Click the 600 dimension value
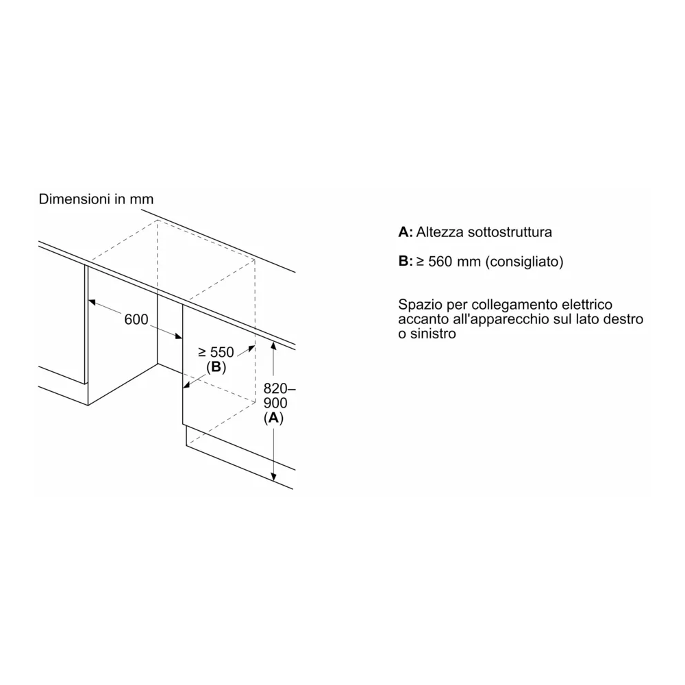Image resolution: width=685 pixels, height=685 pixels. pos(137,319)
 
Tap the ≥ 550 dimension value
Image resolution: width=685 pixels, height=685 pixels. pos(216,352)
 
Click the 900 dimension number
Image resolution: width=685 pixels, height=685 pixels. pos(275,403)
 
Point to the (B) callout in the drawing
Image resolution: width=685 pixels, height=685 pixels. pos(216,367)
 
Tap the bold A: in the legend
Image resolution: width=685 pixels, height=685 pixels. pos(406,232)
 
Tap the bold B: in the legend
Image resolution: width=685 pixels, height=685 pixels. pos(406,262)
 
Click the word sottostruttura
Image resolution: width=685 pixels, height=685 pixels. pos(510,232)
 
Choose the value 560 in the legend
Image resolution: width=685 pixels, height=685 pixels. pos(439,262)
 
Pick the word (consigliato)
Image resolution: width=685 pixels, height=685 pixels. pos(524,262)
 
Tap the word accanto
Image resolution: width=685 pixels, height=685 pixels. pos(422,319)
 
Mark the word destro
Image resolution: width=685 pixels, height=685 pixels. pos(625,319)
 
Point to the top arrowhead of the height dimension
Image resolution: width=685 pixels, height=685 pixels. pos(274,346)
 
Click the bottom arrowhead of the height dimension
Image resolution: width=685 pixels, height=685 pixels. pos(274,477)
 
